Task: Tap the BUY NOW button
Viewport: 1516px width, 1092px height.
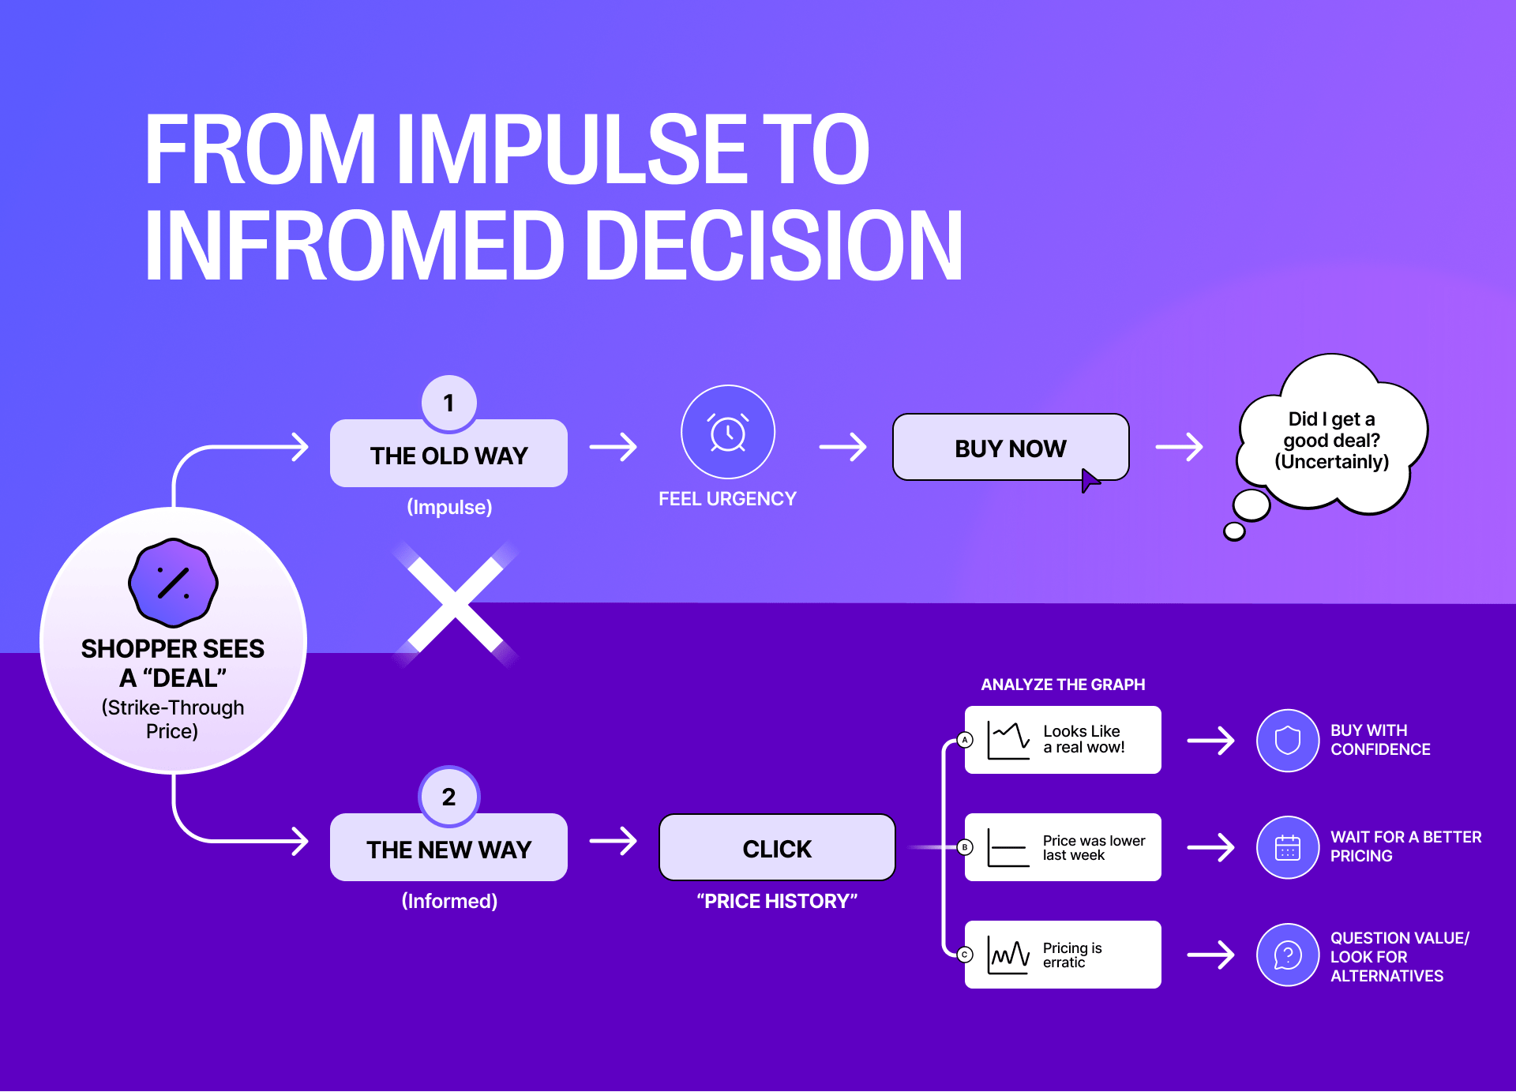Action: coord(1010,448)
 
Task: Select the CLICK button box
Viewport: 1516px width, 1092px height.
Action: coord(777,848)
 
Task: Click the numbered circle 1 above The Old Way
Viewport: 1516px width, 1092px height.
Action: coord(448,403)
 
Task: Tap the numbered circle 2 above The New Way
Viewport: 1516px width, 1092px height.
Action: coord(448,796)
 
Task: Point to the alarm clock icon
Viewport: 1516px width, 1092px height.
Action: coord(728,433)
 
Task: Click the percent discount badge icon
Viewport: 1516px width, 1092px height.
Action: coord(173,583)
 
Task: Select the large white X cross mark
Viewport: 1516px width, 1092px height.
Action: coord(456,606)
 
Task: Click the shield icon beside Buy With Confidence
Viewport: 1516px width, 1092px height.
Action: coord(1287,741)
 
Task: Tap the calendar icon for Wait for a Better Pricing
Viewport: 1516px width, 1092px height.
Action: coord(1287,847)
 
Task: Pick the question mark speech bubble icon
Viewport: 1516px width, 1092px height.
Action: coord(1287,955)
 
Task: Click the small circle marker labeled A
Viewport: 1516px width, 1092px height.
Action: coord(965,740)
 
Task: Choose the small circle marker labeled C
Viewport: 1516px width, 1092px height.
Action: coord(965,955)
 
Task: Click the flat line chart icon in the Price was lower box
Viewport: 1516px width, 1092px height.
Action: coord(1008,847)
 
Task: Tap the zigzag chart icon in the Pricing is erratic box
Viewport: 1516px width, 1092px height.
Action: coord(1008,955)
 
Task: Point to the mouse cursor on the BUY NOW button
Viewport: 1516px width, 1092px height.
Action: coord(1089,479)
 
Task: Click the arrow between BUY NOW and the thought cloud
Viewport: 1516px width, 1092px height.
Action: coord(1180,447)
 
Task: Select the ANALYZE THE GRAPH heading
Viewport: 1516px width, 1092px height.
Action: coord(1063,685)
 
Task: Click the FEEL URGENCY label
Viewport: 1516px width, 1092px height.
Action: coord(727,499)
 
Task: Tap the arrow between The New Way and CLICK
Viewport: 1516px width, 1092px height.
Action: coord(614,841)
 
